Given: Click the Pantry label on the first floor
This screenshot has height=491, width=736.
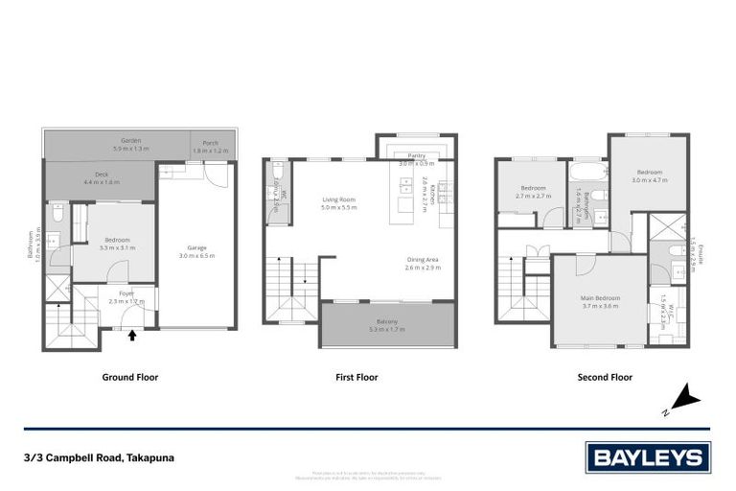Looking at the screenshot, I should point(416,158).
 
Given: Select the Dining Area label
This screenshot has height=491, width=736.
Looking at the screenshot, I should point(423,263).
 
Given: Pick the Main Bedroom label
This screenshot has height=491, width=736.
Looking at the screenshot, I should point(600,301).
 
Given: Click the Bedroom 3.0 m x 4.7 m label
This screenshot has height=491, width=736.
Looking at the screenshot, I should point(649,175).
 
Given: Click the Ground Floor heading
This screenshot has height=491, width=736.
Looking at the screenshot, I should point(130,378).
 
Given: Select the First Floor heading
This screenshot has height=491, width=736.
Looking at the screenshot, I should point(356,378).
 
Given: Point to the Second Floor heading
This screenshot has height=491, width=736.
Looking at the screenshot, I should point(605,378).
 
